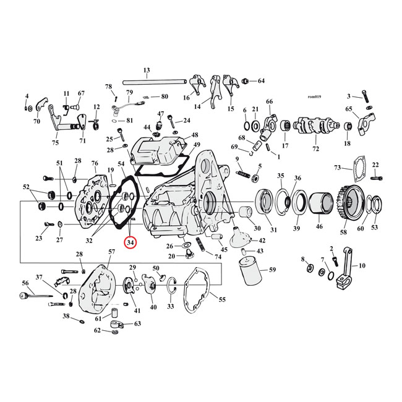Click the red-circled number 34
click(x=130, y=242)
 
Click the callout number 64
click(x=261, y=81)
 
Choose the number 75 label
click(x=56, y=143)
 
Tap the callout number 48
click(x=195, y=135)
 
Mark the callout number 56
click(x=25, y=283)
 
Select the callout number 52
click(x=26, y=187)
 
